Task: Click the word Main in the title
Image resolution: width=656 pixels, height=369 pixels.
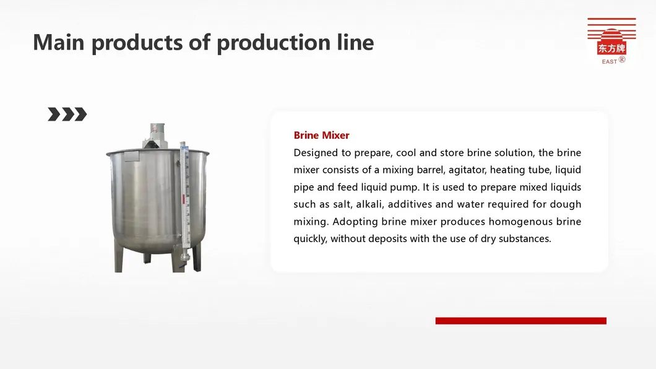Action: pyautogui.click(x=59, y=42)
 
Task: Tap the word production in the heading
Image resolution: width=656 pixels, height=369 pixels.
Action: pyautogui.click(x=274, y=43)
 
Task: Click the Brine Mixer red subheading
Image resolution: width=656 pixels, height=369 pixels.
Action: pyautogui.click(x=321, y=135)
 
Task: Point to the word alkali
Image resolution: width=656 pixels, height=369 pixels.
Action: pyautogui.click(x=369, y=204)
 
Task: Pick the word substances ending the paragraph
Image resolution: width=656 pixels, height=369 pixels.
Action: pyautogui.click(x=525, y=238)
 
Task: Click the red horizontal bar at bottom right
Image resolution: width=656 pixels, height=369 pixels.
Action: pyautogui.click(x=521, y=321)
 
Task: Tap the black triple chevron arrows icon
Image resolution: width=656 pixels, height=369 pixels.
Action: pyautogui.click(x=67, y=114)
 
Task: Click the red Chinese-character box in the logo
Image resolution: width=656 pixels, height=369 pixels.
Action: pyautogui.click(x=611, y=48)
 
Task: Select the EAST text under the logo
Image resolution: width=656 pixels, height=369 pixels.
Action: pyautogui.click(x=609, y=61)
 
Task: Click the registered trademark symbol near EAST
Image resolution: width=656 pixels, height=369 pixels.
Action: pyautogui.click(x=622, y=59)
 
